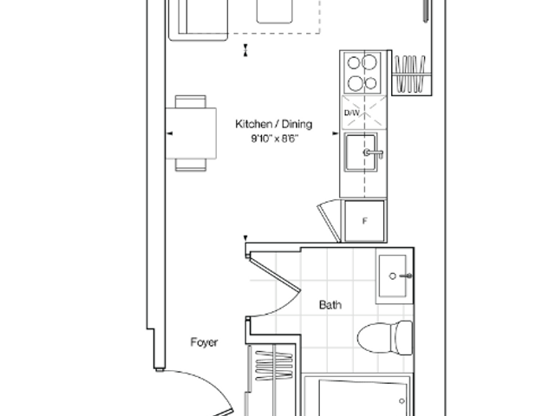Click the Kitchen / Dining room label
[x=274, y=124]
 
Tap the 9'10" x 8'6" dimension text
[x=275, y=139]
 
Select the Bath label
[x=330, y=304]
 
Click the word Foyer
[x=204, y=342]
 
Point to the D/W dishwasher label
[x=352, y=113]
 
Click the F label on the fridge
[x=364, y=221]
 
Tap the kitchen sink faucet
[x=373, y=153]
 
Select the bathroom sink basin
[x=393, y=276]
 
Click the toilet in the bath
[x=385, y=337]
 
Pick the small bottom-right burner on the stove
[x=370, y=83]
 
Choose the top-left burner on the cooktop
[x=354, y=63]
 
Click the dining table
[x=191, y=133]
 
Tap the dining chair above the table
[x=191, y=101]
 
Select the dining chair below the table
[x=191, y=165]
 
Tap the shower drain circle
[x=402, y=401]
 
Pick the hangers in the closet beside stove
[x=410, y=74]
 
